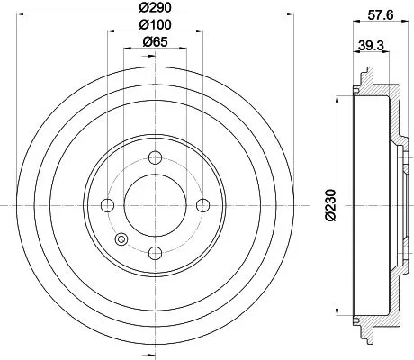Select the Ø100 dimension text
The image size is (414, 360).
tap(155, 25)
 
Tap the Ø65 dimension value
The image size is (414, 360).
tap(155, 42)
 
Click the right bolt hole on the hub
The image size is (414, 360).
tap(202, 203)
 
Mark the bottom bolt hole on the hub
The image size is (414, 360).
tap(155, 251)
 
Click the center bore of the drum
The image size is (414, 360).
tap(155, 203)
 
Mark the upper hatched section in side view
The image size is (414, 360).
tap(382, 90)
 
